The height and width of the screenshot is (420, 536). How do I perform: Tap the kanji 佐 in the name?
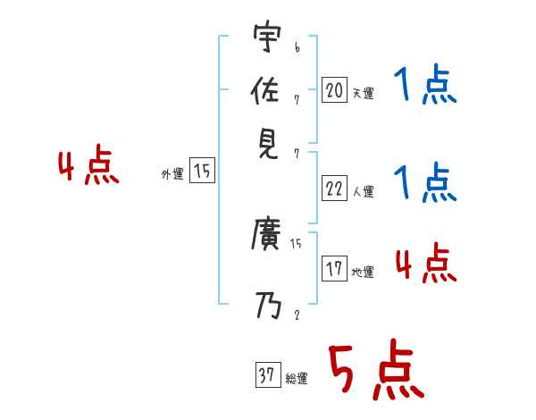pos(267,91)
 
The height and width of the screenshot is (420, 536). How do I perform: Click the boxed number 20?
pos(334,89)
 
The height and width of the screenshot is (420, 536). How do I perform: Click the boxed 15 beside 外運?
pos(203,172)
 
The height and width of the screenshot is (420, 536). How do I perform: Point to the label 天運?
pos(363,93)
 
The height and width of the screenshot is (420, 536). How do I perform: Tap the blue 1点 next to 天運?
pos(424,86)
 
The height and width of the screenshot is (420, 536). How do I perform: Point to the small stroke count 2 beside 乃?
pos(296,315)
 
